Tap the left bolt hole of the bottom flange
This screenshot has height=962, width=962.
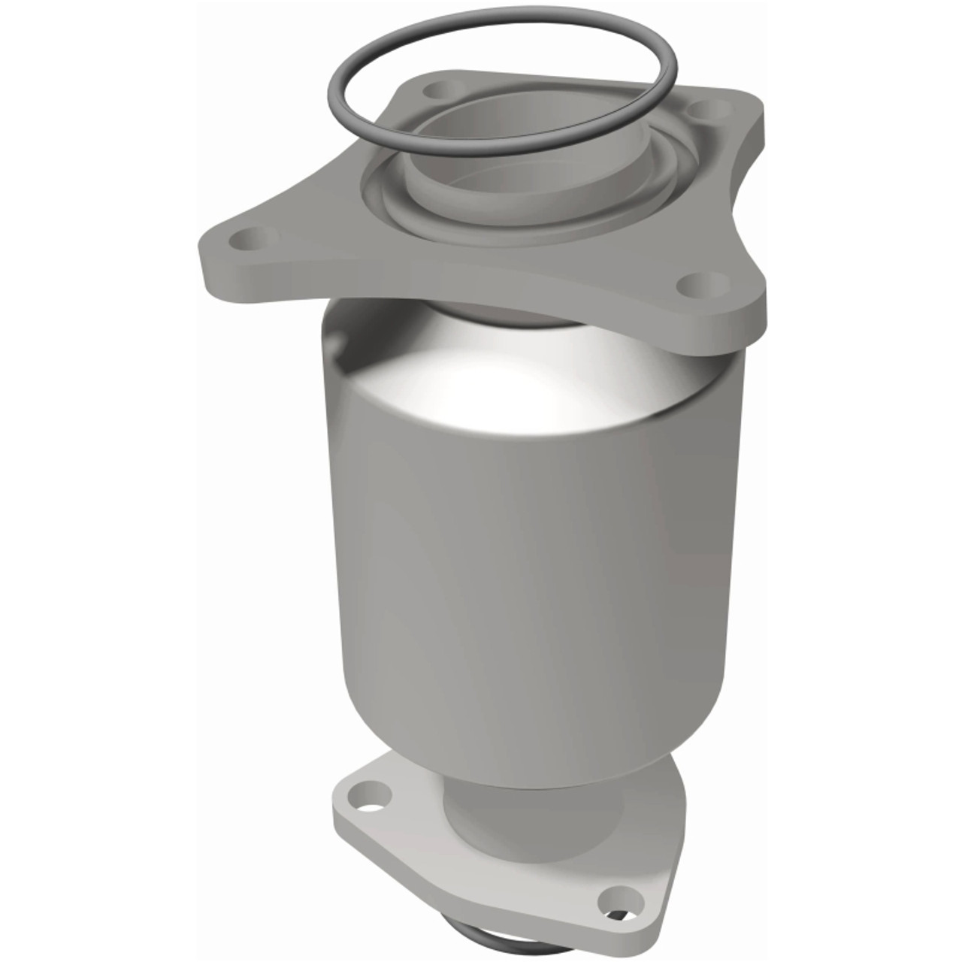click(x=368, y=790)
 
